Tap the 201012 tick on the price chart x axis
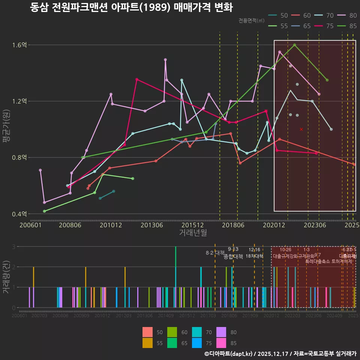click(x=110, y=225)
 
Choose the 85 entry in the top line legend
click(x=348, y=26)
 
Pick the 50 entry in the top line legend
click(x=279, y=15)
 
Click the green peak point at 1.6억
click(x=294, y=45)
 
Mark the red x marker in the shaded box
click(x=301, y=129)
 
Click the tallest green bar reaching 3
click(x=175, y=277)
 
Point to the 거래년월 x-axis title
click(x=193, y=232)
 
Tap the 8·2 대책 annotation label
click(x=215, y=253)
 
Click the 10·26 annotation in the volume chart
click(x=285, y=250)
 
